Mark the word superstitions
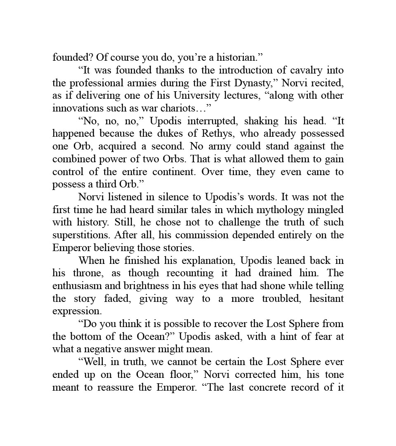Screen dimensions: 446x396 pos(81,235)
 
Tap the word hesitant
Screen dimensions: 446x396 pos(326,299)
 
